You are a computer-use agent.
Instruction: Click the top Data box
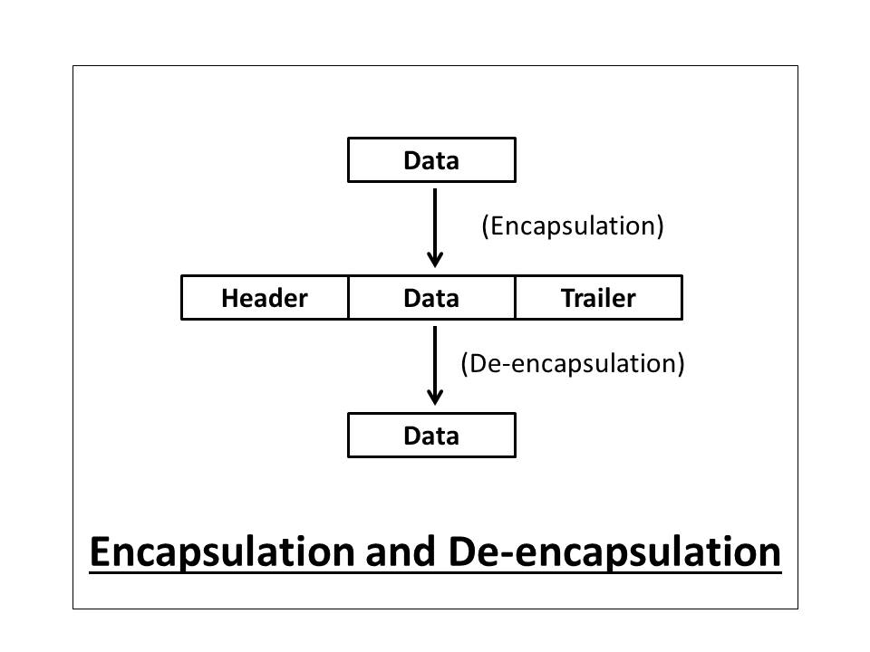(x=431, y=160)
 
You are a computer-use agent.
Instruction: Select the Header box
(x=265, y=298)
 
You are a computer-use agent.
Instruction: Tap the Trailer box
(x=598, y=298)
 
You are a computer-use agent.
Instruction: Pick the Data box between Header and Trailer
(x=431, y=298)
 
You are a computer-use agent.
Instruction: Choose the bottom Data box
(x=431, y=436)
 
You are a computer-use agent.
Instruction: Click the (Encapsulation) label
(x=573, y=225)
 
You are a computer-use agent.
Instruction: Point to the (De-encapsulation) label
(x=573, y=363)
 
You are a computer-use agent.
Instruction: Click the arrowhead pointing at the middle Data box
(x=435, y=258)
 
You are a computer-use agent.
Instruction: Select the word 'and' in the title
(x=402, y=552)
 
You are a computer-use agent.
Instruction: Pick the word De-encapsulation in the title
(x=614, y=552)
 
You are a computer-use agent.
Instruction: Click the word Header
(x=265, y=298)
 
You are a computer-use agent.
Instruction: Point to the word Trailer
(x=598, y=298)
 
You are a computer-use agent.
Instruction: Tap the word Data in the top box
(x=431, y=161)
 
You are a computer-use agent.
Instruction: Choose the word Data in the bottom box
(x=431, y=436)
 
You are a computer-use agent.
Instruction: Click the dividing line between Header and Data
(x=348, y=298)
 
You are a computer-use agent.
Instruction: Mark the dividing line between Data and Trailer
(x=515, y=298)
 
